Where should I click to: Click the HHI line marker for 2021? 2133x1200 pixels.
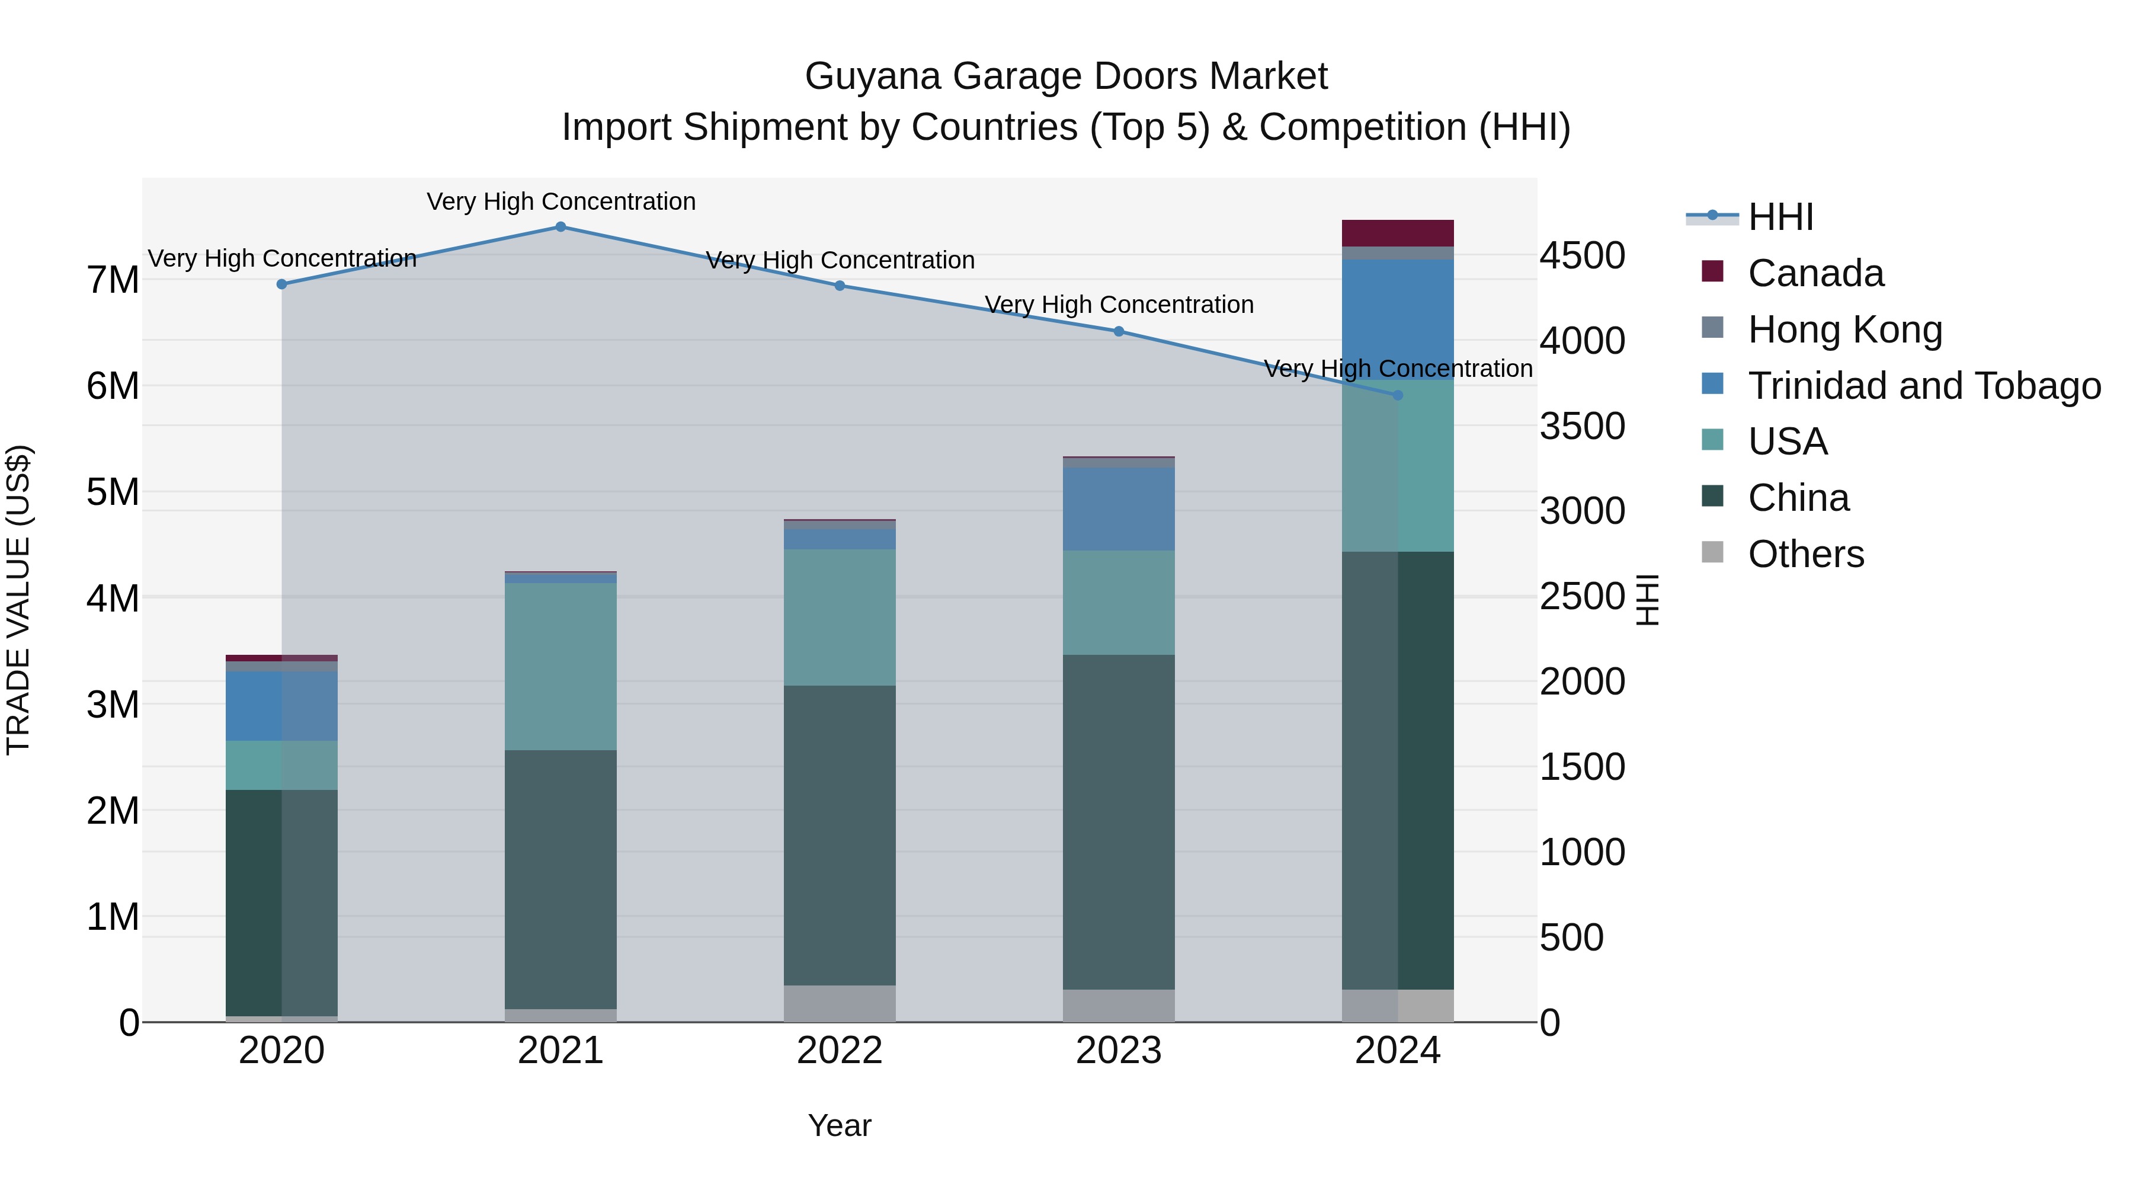[561, 227]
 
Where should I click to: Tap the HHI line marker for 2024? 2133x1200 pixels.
[1398, 396]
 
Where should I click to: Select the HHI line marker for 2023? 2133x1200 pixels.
[1119, 331]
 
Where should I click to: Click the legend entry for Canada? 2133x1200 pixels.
[1815, 273]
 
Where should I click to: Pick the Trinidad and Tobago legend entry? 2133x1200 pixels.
[1923, 386]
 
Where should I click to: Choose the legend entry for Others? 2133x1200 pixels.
[1805, 554]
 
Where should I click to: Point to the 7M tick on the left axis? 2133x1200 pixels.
[113, 280]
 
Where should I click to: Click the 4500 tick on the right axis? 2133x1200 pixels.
[1581, 256]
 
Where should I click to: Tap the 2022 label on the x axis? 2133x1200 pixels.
[840, 1051]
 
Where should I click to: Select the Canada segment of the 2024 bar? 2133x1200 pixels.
[1398, 233]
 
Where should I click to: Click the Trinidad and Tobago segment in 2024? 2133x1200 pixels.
[1398, 319]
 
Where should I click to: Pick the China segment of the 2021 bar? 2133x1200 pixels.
[561, 879]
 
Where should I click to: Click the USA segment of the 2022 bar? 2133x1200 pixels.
[840, 617]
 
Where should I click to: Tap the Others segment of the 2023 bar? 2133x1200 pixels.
[1119, 1006]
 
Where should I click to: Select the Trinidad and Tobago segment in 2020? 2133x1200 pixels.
[281, 706]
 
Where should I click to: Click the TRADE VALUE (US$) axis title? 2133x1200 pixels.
[19, 600]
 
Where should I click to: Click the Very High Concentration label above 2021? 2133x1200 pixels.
[561, 202]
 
